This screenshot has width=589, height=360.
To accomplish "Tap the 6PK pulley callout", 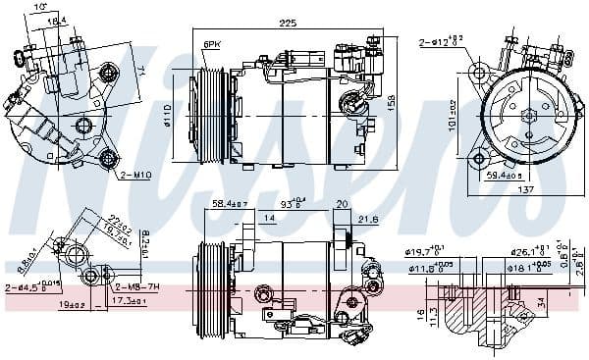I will coord(212,45).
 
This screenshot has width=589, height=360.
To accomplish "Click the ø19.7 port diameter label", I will coord(426,250).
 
